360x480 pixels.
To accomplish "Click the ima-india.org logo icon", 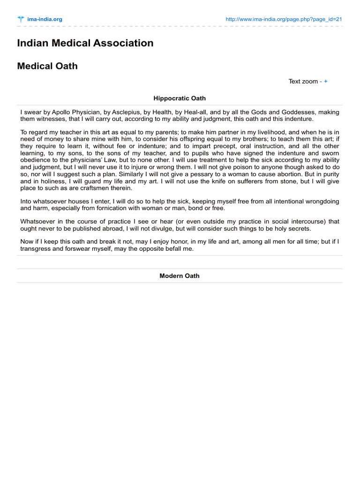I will [x=21, y=19].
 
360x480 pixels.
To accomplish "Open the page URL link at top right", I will [x=284, y=19].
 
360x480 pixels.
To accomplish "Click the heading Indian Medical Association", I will [x=85, y=43].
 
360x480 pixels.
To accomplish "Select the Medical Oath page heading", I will [x=47, y=66].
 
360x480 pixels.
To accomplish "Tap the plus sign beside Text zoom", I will [x=326, y=81].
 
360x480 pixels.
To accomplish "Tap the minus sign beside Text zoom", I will [x=321, y=81].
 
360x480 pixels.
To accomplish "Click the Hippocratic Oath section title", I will [x=180, y=98].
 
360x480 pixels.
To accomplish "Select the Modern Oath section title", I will [x=180, y=276].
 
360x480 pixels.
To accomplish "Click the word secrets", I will [x=298, y=228].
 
